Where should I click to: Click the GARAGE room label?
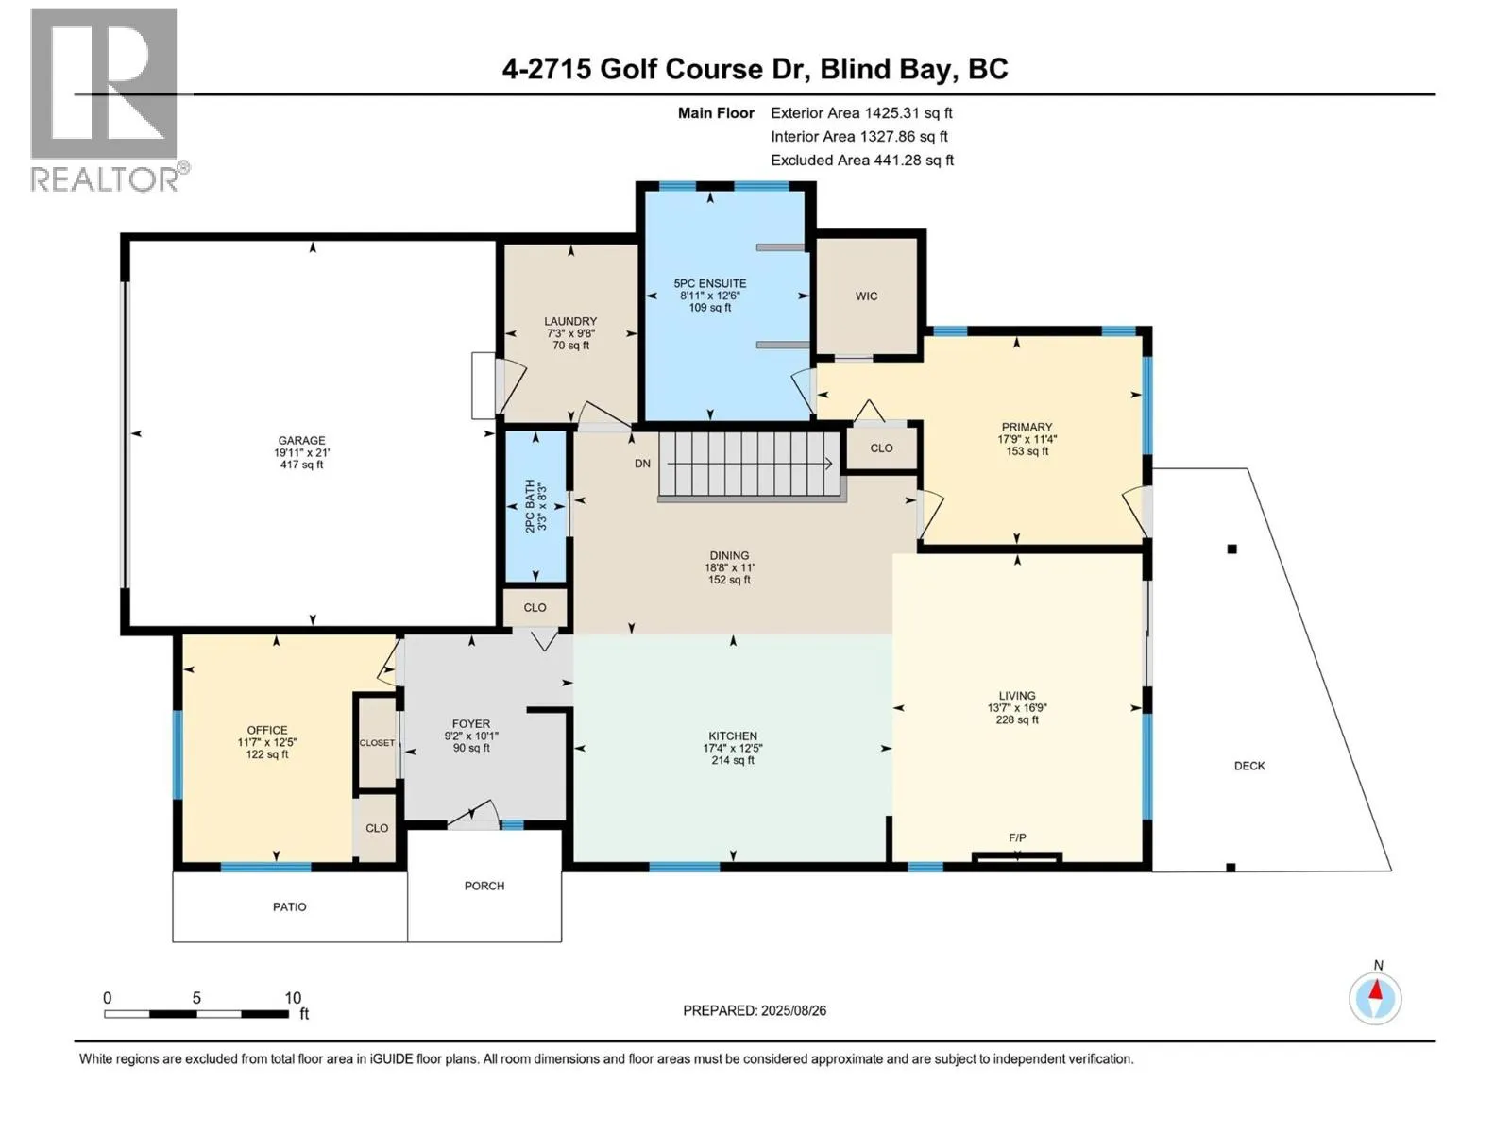301,440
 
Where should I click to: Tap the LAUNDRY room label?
570,321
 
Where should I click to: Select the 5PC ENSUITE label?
710,283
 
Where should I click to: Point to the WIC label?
866,296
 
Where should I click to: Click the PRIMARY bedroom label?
1027,427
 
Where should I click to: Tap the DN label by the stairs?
642,464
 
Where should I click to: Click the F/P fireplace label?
1017,837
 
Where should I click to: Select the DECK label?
1248,766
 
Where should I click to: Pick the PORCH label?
484,886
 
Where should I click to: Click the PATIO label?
289,906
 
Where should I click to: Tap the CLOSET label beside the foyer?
377,743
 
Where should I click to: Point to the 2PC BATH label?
530,506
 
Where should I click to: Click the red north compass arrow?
1375,990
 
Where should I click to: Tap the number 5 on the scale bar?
196,998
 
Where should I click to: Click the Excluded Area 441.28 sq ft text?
862,161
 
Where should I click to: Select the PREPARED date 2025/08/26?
793,1010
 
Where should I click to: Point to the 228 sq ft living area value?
1017,719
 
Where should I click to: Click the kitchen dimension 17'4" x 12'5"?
733,749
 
